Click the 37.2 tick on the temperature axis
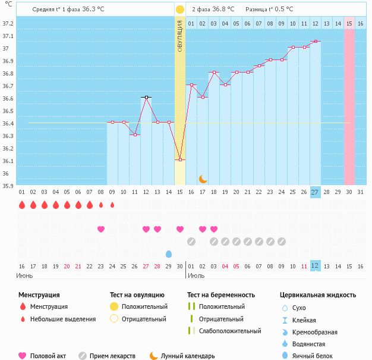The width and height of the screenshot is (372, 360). [8, 24]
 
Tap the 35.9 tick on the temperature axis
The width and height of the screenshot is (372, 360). [8, 186]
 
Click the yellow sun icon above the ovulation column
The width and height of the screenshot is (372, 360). [179, 10]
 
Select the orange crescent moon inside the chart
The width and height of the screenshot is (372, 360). [203, 179]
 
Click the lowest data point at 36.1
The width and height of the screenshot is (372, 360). [180, 159]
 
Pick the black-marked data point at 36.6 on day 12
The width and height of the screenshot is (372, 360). [146, 97]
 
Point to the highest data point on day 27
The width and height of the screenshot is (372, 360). [315, 42]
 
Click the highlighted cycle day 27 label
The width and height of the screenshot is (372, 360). [315, 192]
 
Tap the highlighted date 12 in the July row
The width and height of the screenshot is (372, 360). [315, 265]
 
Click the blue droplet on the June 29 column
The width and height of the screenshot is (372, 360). [169, 254]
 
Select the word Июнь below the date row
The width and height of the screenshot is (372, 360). [25, 276]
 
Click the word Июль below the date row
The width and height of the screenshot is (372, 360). [196, 276]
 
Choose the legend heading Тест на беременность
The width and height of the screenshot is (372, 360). [220, 295]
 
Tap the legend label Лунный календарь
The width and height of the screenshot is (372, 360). [187, 356]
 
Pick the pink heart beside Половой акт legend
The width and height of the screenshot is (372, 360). [23, 356]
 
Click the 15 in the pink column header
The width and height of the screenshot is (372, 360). [349, 24]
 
